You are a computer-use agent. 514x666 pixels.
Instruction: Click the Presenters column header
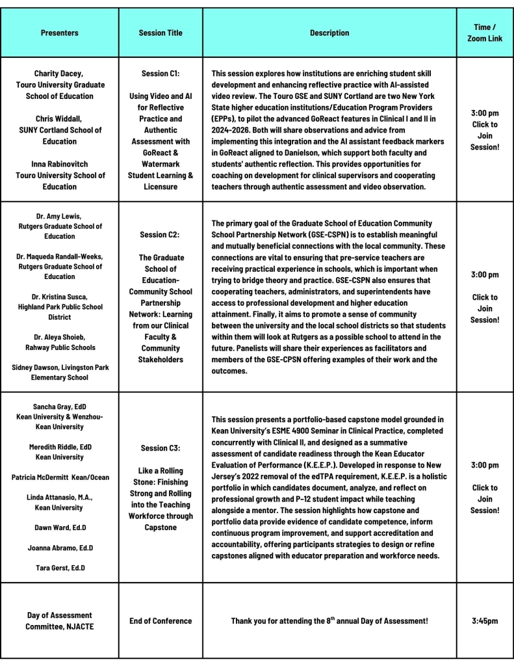click(x=59, y=33)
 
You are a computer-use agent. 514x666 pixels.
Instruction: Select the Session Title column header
click(x=161, y=33)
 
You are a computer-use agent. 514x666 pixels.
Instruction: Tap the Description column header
click(x=329, y=33)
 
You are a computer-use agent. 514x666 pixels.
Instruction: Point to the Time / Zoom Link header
click(x=485, y=33)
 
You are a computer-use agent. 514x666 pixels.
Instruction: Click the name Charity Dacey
click(x=59, y=73)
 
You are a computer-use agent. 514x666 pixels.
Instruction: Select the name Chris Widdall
click(x=60, y=119)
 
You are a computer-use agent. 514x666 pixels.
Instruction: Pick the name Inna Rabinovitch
click(x=60, y=164)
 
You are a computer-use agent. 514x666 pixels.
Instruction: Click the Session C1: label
click(x=161, y=73)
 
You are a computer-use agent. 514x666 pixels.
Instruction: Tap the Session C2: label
click(x=161, y=234)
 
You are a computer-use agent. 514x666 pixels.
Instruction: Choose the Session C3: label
click(x=161, y=448)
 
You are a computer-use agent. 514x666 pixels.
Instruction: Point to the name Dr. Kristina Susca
click(x=60, y=297)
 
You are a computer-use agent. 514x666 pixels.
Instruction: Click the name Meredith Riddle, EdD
click(x=60, y=447)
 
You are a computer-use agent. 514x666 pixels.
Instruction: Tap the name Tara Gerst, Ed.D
click(x=60, y=568)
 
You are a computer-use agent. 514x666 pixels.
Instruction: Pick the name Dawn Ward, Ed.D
click(x=60, y=527)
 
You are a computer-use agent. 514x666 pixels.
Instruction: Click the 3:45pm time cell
click(x=485, y=621)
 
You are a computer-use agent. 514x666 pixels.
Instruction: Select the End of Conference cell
click(x=161, y=621)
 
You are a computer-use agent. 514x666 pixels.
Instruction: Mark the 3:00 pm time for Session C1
click(x=485, y=113)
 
